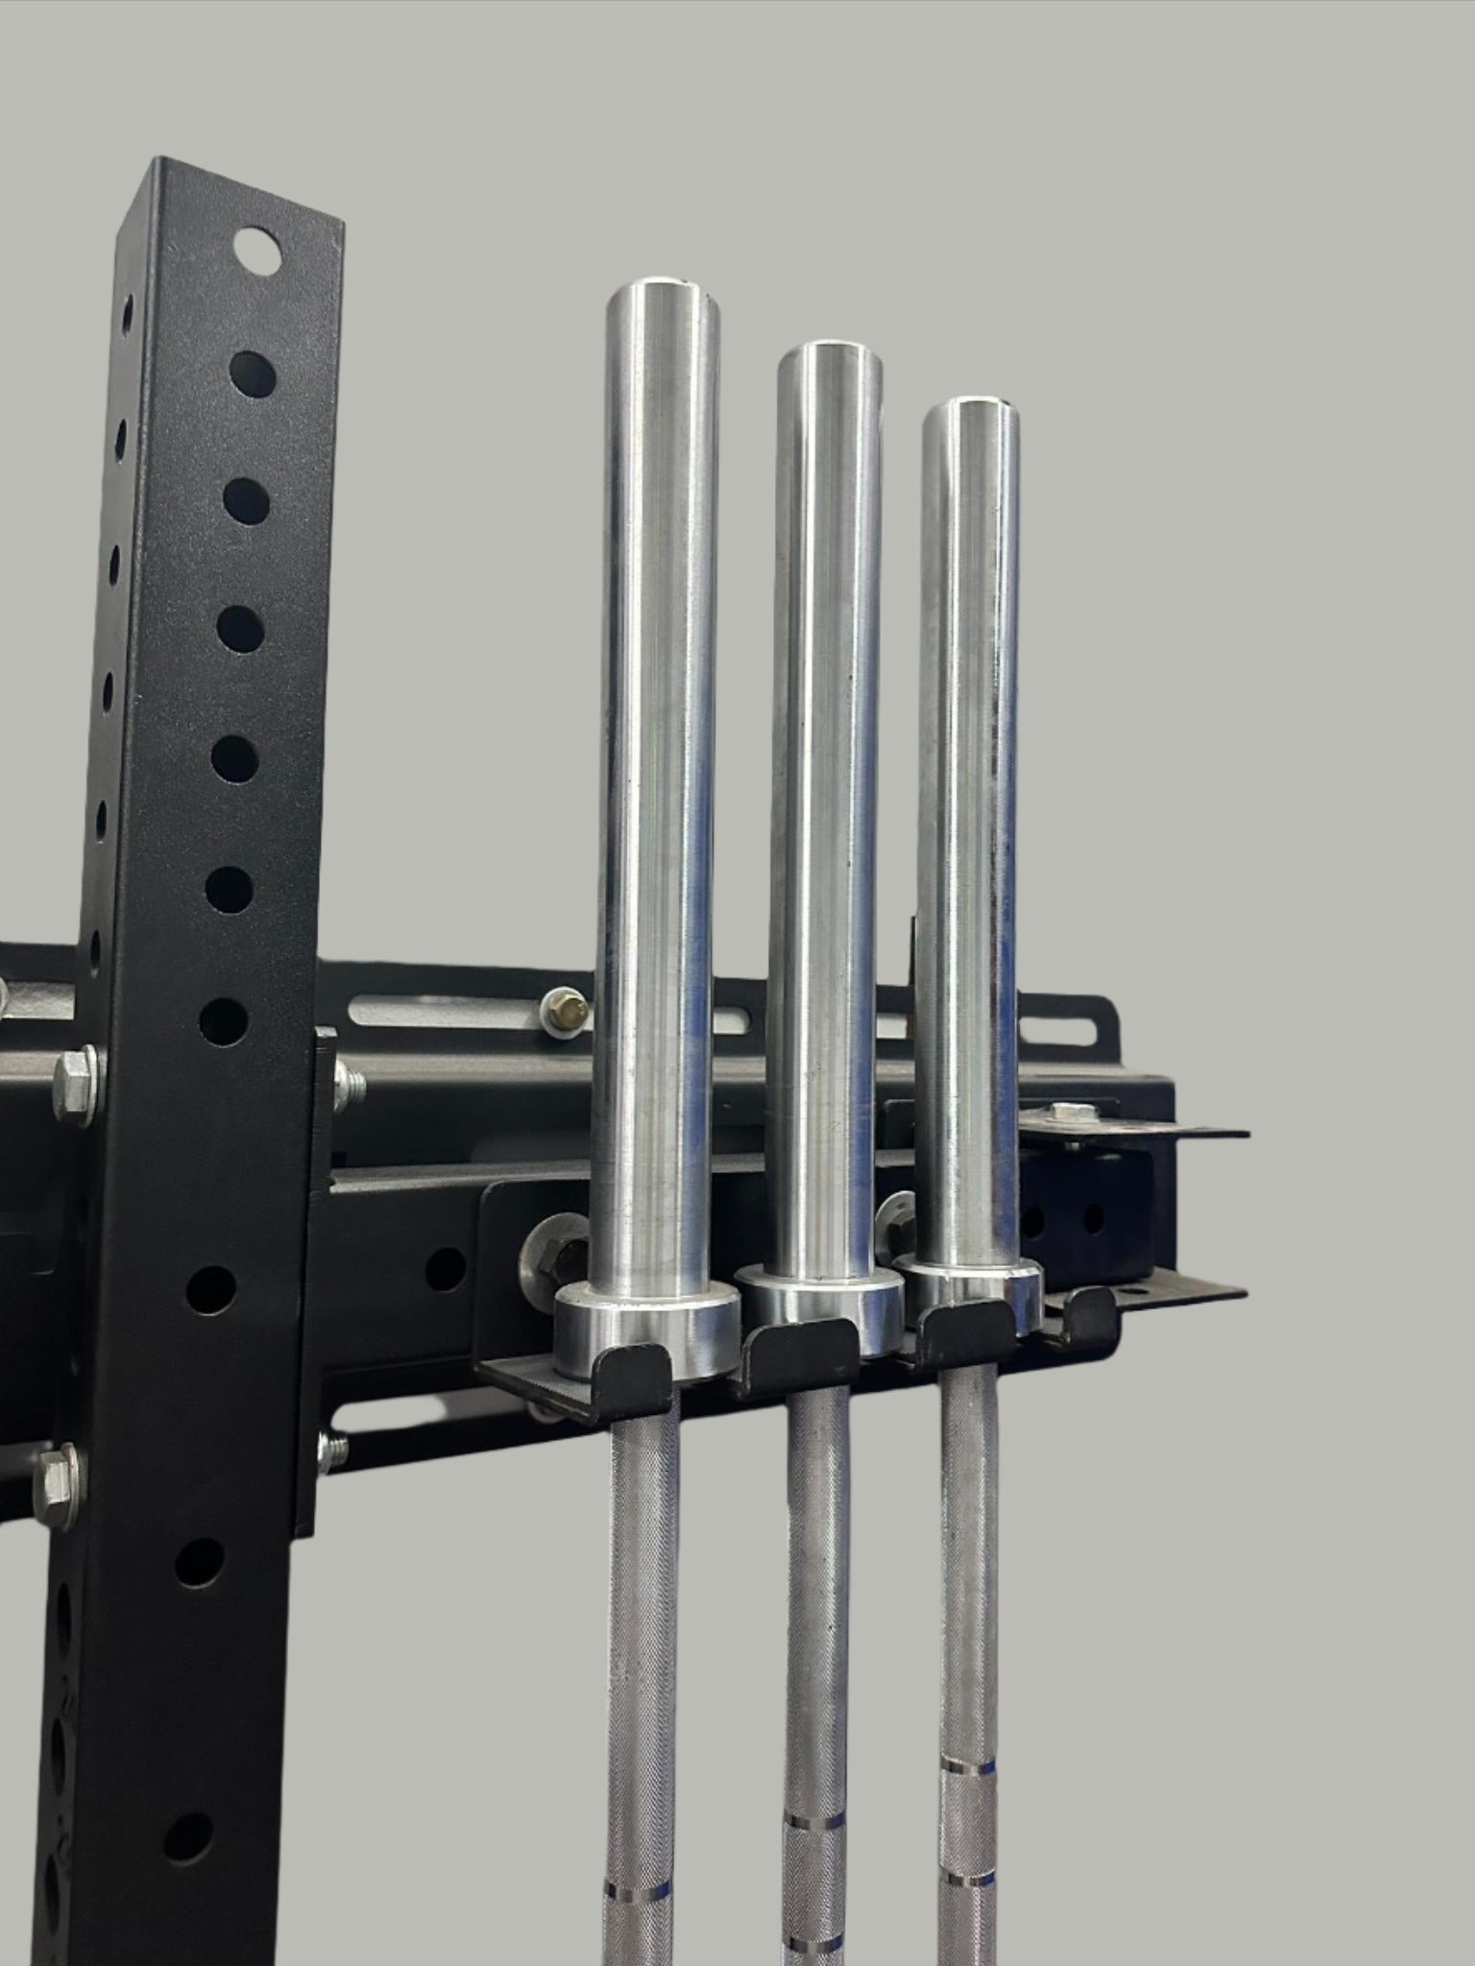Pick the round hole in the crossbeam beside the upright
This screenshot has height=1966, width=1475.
click(445, 1268)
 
